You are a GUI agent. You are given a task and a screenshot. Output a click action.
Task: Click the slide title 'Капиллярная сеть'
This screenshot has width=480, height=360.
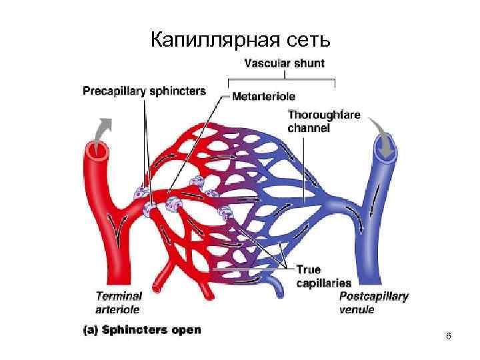[239, 41]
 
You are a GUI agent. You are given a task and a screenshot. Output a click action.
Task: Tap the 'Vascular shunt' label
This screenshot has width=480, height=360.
[284, 64]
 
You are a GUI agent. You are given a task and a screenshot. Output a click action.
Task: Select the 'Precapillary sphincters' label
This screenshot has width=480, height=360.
[144, 91]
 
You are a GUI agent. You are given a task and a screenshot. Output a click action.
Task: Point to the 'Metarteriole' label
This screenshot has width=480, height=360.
[264, 97]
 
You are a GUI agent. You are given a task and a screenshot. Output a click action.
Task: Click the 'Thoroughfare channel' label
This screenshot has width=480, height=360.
[324, 121]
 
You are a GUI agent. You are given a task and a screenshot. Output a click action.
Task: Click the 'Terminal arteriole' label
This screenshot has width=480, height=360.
[119, 302]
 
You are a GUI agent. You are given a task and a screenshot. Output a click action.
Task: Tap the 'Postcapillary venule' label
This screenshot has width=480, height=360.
[374, 302]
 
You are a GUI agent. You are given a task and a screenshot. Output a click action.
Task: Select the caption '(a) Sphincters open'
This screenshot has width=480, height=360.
[141, 329]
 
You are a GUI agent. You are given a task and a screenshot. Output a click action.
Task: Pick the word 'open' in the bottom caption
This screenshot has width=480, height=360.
[187, 330]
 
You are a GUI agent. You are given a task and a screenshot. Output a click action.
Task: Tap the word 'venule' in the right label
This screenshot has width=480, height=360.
[357, 309]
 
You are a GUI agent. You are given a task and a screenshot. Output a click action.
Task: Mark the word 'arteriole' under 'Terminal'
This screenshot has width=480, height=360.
[118, 309]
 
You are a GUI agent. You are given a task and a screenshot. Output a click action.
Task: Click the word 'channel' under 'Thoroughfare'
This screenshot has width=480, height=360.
[309, 127]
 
